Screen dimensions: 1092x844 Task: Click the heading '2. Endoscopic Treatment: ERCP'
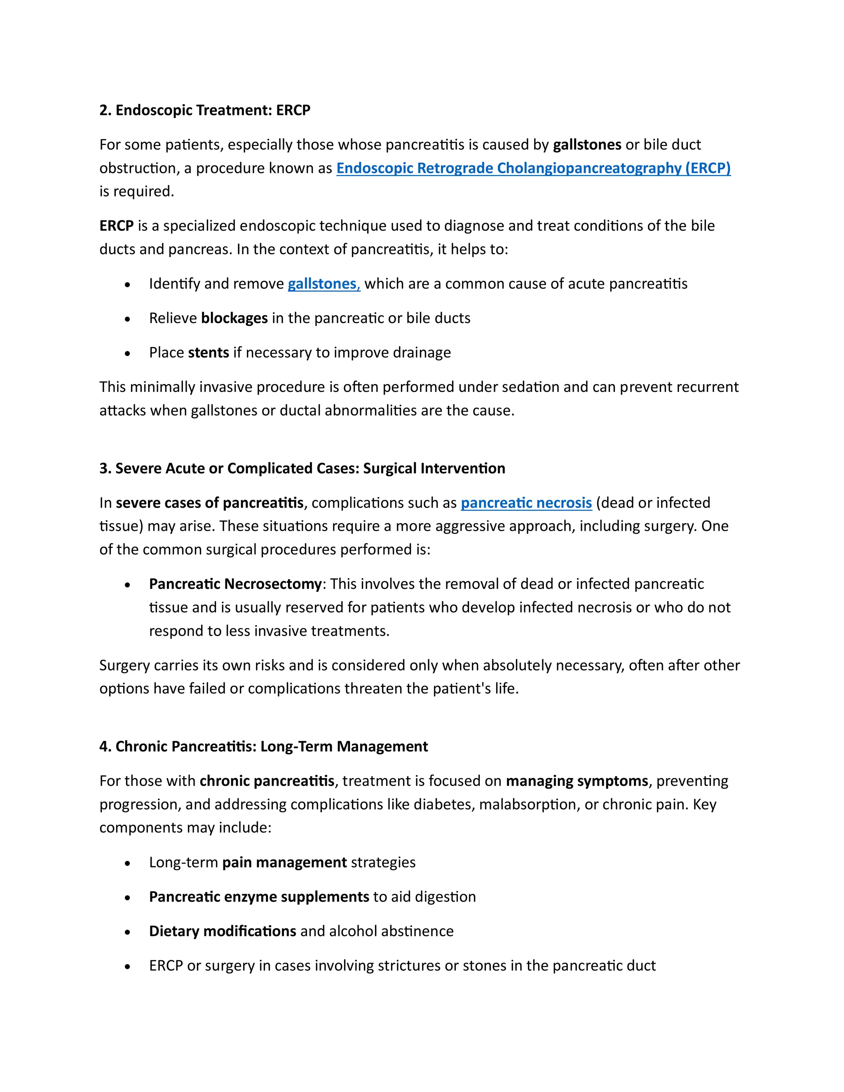tap(204, 110)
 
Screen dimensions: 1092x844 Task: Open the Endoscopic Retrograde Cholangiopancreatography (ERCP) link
tap(533, 169)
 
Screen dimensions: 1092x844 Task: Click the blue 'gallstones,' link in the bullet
tap(324, 284)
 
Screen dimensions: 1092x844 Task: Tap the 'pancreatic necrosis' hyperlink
tap(526, 503)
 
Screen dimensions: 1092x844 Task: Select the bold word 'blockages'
tap(234, 319)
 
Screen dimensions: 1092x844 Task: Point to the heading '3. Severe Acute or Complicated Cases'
tap(302, 469)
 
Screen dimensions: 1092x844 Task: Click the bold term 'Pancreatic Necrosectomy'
tap(235, 584)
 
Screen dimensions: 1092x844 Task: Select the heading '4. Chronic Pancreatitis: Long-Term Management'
tap(263, 747)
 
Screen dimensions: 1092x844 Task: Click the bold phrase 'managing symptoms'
tap(577, 781)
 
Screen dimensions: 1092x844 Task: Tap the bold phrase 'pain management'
tap(284, 862)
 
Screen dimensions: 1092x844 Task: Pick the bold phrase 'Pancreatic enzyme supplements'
tap(258, 897)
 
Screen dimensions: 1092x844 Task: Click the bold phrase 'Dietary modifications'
tap(223, 932)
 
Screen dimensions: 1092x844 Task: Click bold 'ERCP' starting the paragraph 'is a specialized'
tap(116, 226)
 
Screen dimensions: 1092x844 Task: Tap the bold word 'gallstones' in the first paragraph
tap(586, 145)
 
